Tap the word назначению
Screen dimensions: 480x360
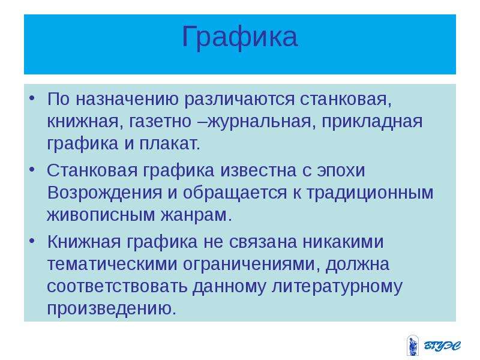point(127,99)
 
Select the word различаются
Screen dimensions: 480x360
point(239,100)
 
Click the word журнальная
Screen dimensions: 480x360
point(260,122)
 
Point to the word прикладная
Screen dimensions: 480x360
point(371,122)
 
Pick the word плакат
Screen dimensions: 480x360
point(169,143)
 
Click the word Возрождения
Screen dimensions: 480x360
point(104,193)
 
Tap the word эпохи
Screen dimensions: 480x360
point(341,171)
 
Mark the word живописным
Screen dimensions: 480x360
point(101,215)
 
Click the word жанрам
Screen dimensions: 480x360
point(196,215)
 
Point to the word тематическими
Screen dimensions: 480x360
point(112,264)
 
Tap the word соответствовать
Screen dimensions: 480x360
point(117,286)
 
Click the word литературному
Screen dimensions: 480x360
point(337,287)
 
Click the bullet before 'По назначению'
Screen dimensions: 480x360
point(32,98)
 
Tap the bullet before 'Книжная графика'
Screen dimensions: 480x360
point(32,241)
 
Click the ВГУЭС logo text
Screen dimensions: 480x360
point(442,346)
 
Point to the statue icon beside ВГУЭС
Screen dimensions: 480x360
point(413,345)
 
